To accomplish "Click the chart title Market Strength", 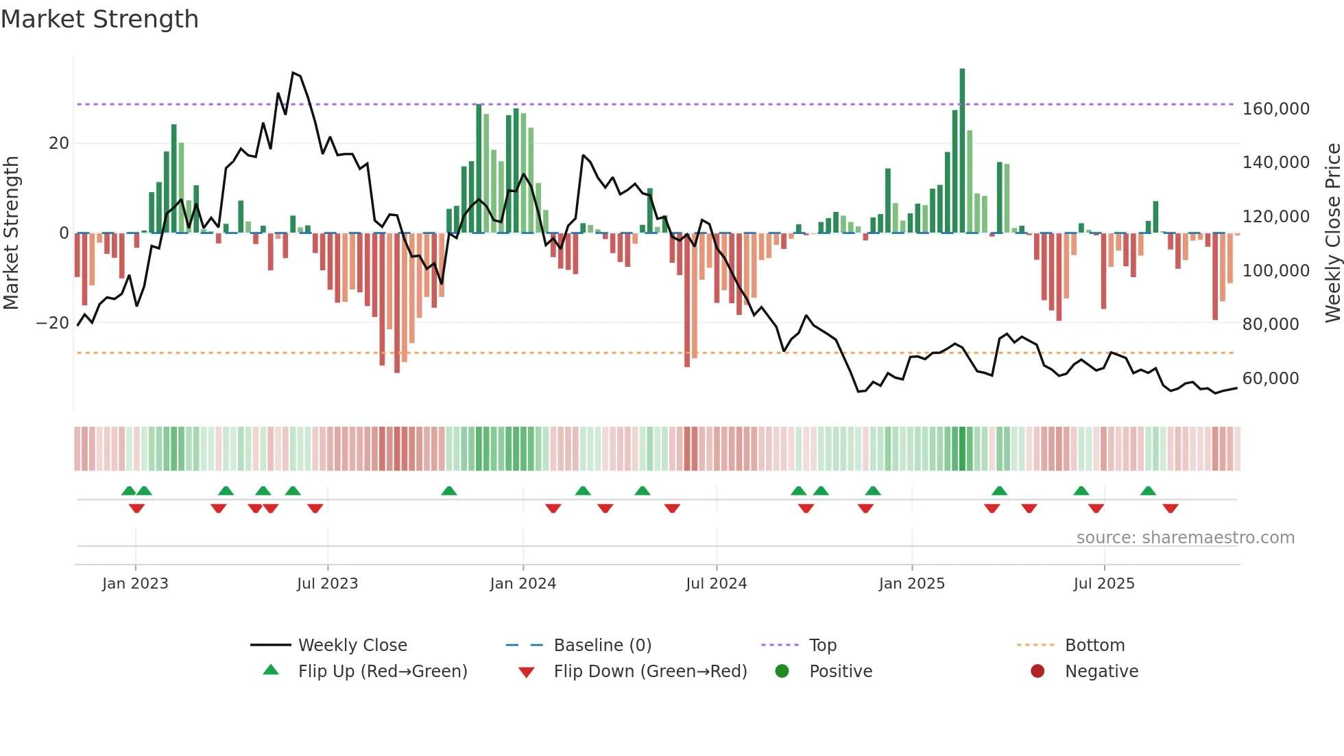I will pyautogui.click(x=99, y=19).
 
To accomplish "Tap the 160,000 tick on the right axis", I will pyautogui.click(x=1275, y=109).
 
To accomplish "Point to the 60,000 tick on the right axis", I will pyautogui.click(x=1270, y=379).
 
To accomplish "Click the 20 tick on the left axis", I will pyautogui.click(x=59, y=143).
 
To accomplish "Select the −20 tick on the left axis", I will pyautogui.click(x=53, y=323).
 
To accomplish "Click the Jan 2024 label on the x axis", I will pyautogui.click(x=523, y=584).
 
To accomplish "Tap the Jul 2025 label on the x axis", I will pyautogui.click(x=1103, y=584).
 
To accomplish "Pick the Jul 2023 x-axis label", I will pyautogui.click(x=327, y=584).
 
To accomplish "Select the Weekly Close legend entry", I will pyautogui.click(x=352, y=646).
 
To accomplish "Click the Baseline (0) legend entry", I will pyautogui.click(x=602, y=646).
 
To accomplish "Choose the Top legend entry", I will pyautogui.click(x=822, y=646).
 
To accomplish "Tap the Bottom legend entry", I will pyautogui.click(x=1094, y=646).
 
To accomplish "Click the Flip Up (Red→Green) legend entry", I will pyautogui.click(x=382, y=672).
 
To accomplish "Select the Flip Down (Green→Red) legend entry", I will pyautogui.click(x=650, y=672).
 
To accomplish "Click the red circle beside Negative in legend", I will pyautogui.click(x=1037, y=672).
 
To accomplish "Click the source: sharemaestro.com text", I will pyautogui.click(x=1185, y=538).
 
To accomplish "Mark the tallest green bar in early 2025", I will pyautogui.click(x=962, y=151).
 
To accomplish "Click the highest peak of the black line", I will pyautogui.click(x=293, y=73).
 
